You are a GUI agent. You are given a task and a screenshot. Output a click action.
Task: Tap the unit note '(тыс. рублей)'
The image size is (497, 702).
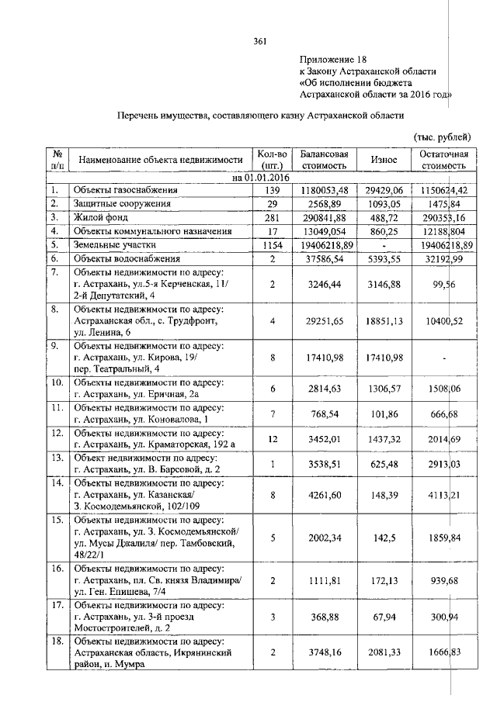click(x=442, y=137)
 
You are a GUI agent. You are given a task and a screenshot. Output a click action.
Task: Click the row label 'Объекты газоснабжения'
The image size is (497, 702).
click(x=126, y=189)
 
